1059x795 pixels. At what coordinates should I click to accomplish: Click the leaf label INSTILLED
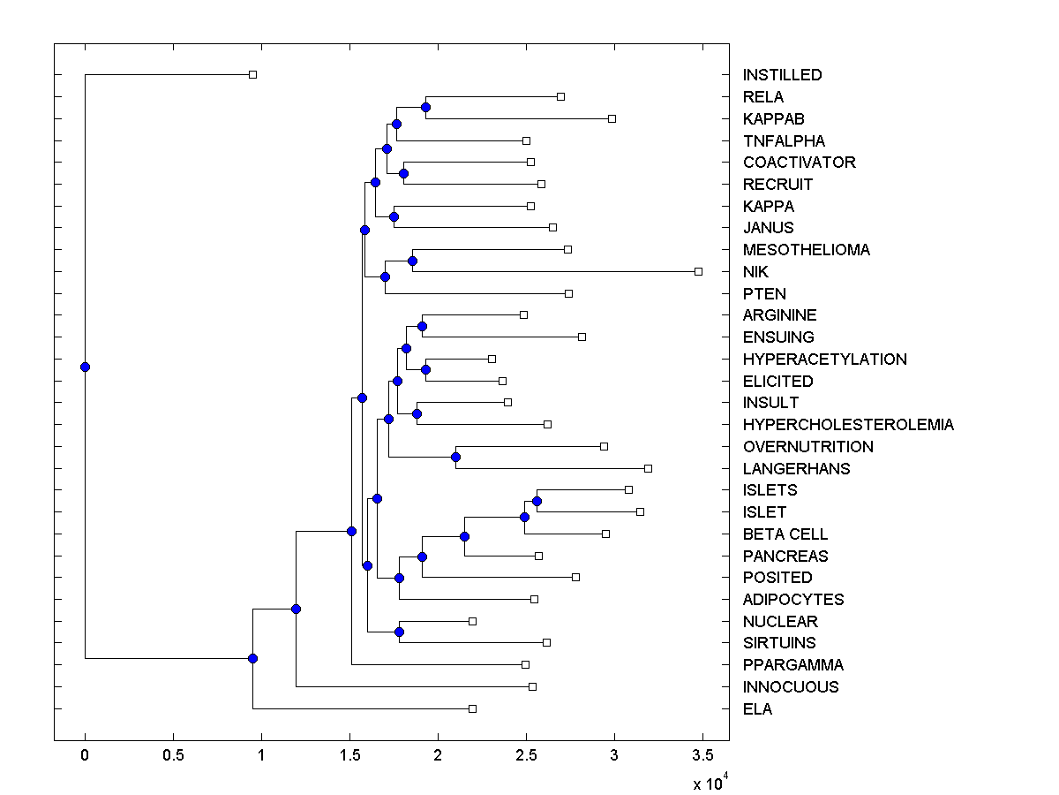(782, 75)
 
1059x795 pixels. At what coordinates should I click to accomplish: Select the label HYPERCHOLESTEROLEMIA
(848, 425)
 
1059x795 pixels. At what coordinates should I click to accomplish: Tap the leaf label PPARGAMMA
(792, 665)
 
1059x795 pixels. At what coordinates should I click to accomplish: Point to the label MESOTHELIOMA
(806, 250)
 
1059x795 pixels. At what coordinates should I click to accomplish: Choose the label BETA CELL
(785, 534)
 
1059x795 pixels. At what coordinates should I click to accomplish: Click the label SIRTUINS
(779, 643)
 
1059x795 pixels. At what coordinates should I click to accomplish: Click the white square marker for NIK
(698, 271)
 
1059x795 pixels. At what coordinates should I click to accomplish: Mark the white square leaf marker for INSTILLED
(252, 74)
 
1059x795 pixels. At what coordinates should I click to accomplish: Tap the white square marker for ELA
(472, 708)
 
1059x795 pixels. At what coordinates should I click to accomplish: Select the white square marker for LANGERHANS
(648, 468)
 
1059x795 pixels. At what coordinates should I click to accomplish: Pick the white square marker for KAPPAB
(612, 118)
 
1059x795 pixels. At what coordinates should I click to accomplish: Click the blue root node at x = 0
(85, 367)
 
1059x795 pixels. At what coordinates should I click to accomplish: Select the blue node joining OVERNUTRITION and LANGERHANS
(455, 457)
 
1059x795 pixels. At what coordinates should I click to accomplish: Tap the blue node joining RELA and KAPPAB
(425, 107)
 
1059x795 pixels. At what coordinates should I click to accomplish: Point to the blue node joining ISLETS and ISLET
(537, 501)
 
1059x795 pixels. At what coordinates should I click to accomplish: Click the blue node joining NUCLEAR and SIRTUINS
(399, 632)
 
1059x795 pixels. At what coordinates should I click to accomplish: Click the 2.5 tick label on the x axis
(526, 755)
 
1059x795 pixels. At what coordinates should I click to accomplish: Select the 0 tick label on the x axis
(85, 755)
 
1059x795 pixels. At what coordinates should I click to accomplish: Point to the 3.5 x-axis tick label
(702, 755)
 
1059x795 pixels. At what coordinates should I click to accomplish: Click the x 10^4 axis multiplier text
(710, 783)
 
